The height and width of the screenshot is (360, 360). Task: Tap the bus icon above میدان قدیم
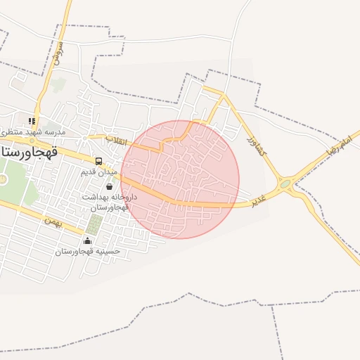point(98,161)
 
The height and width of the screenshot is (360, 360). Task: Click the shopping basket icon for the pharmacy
point(109,186)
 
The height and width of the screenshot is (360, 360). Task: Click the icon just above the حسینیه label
point(87,240)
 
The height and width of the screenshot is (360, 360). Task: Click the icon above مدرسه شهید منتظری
point(32,121)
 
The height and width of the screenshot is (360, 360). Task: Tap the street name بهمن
point(53,221)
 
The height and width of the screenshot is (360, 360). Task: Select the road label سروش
point(59,52)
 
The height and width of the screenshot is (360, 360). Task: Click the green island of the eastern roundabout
point(285,186)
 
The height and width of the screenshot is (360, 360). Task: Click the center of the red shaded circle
point(180,179)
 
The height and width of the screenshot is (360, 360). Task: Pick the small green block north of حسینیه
point(94,225)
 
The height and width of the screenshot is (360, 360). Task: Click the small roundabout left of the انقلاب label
point(90,137)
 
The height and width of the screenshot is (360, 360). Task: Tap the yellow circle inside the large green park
point(3,179)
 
